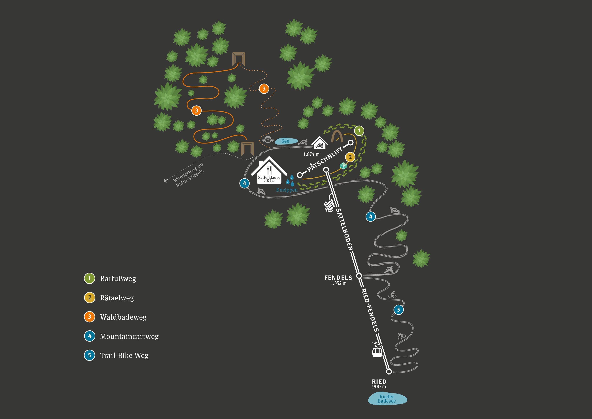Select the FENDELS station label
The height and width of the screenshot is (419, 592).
[x=338, y=278]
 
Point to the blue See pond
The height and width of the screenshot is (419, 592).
[x=286, y=141]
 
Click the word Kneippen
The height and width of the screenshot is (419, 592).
[x=287, y=190]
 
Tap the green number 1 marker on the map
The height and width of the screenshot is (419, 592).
[x=359, y=131]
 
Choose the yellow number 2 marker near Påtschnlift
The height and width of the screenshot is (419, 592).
[x=350, y=157]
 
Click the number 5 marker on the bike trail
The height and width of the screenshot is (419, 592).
[x=398, y=310]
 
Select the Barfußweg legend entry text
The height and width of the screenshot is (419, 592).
[x=118, y=279]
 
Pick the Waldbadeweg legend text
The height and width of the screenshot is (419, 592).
[x=123, y=317]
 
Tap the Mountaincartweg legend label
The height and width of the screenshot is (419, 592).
[x=129, y=336]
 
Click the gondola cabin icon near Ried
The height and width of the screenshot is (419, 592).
[x=377, y=352]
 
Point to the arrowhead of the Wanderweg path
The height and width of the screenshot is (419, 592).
[x=165, y=181]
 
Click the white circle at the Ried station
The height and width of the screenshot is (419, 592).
[x=389, y=372]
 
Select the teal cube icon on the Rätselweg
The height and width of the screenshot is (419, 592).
[x=343, y=166]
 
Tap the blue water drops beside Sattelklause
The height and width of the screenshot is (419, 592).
[x=290, y=181]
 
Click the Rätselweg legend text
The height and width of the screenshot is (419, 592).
[x=117, y=298]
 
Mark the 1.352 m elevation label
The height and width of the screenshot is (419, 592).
[x=339, y=283]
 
